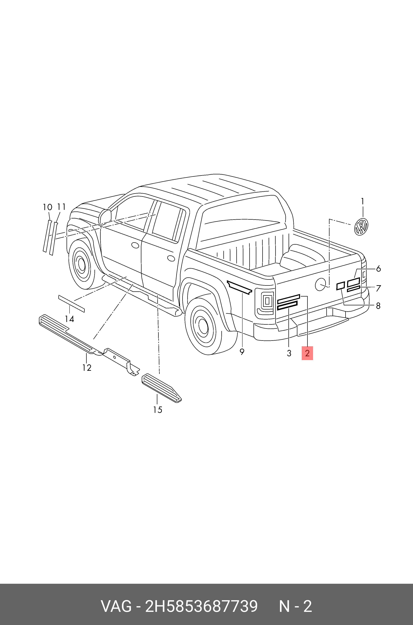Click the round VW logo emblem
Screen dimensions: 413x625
pyautogui.click(x=361, y=227)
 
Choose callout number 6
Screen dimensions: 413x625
pyautogui.click(x=379, y=269)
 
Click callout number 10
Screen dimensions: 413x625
pyautogui.click(x=48, y=207)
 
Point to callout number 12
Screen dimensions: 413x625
pyautogui.click(x=87, y=368)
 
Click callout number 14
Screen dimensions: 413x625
pyautogui.click(x=70, y=319)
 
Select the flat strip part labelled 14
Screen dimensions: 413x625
pyautogui.click(x=71, y=304)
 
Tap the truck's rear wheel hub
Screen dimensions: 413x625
pyautogui.click(x=203, y=326)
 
